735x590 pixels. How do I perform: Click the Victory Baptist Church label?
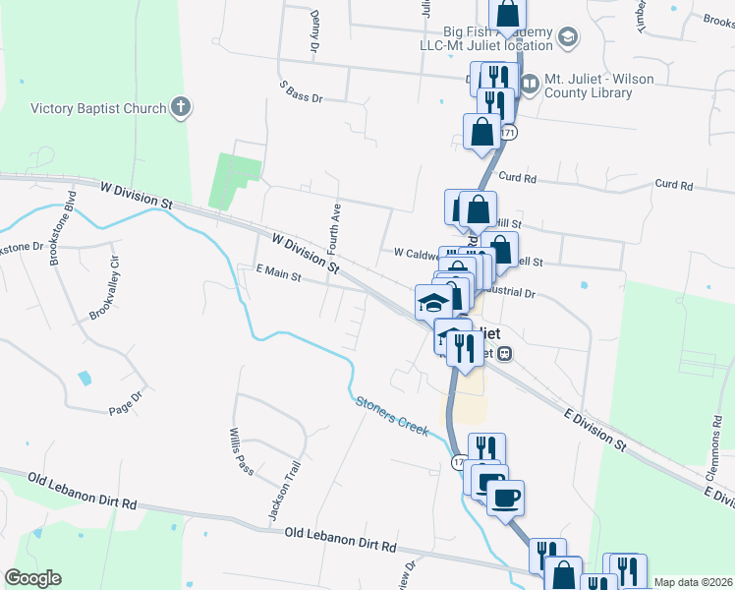click(x=98, y=108)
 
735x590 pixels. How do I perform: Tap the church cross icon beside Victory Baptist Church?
click(x=180, y=107)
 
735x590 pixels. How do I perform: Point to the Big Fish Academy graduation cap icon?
click(x=567, y=37)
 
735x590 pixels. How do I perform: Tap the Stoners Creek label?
click(x=392, y=417)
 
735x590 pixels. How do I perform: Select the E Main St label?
click(x=277, y=276)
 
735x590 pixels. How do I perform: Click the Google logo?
click(x=32, y=578)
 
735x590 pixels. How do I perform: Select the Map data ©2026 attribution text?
click(x=692, y=582)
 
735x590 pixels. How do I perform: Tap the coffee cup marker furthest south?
click(x=505, y=498)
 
